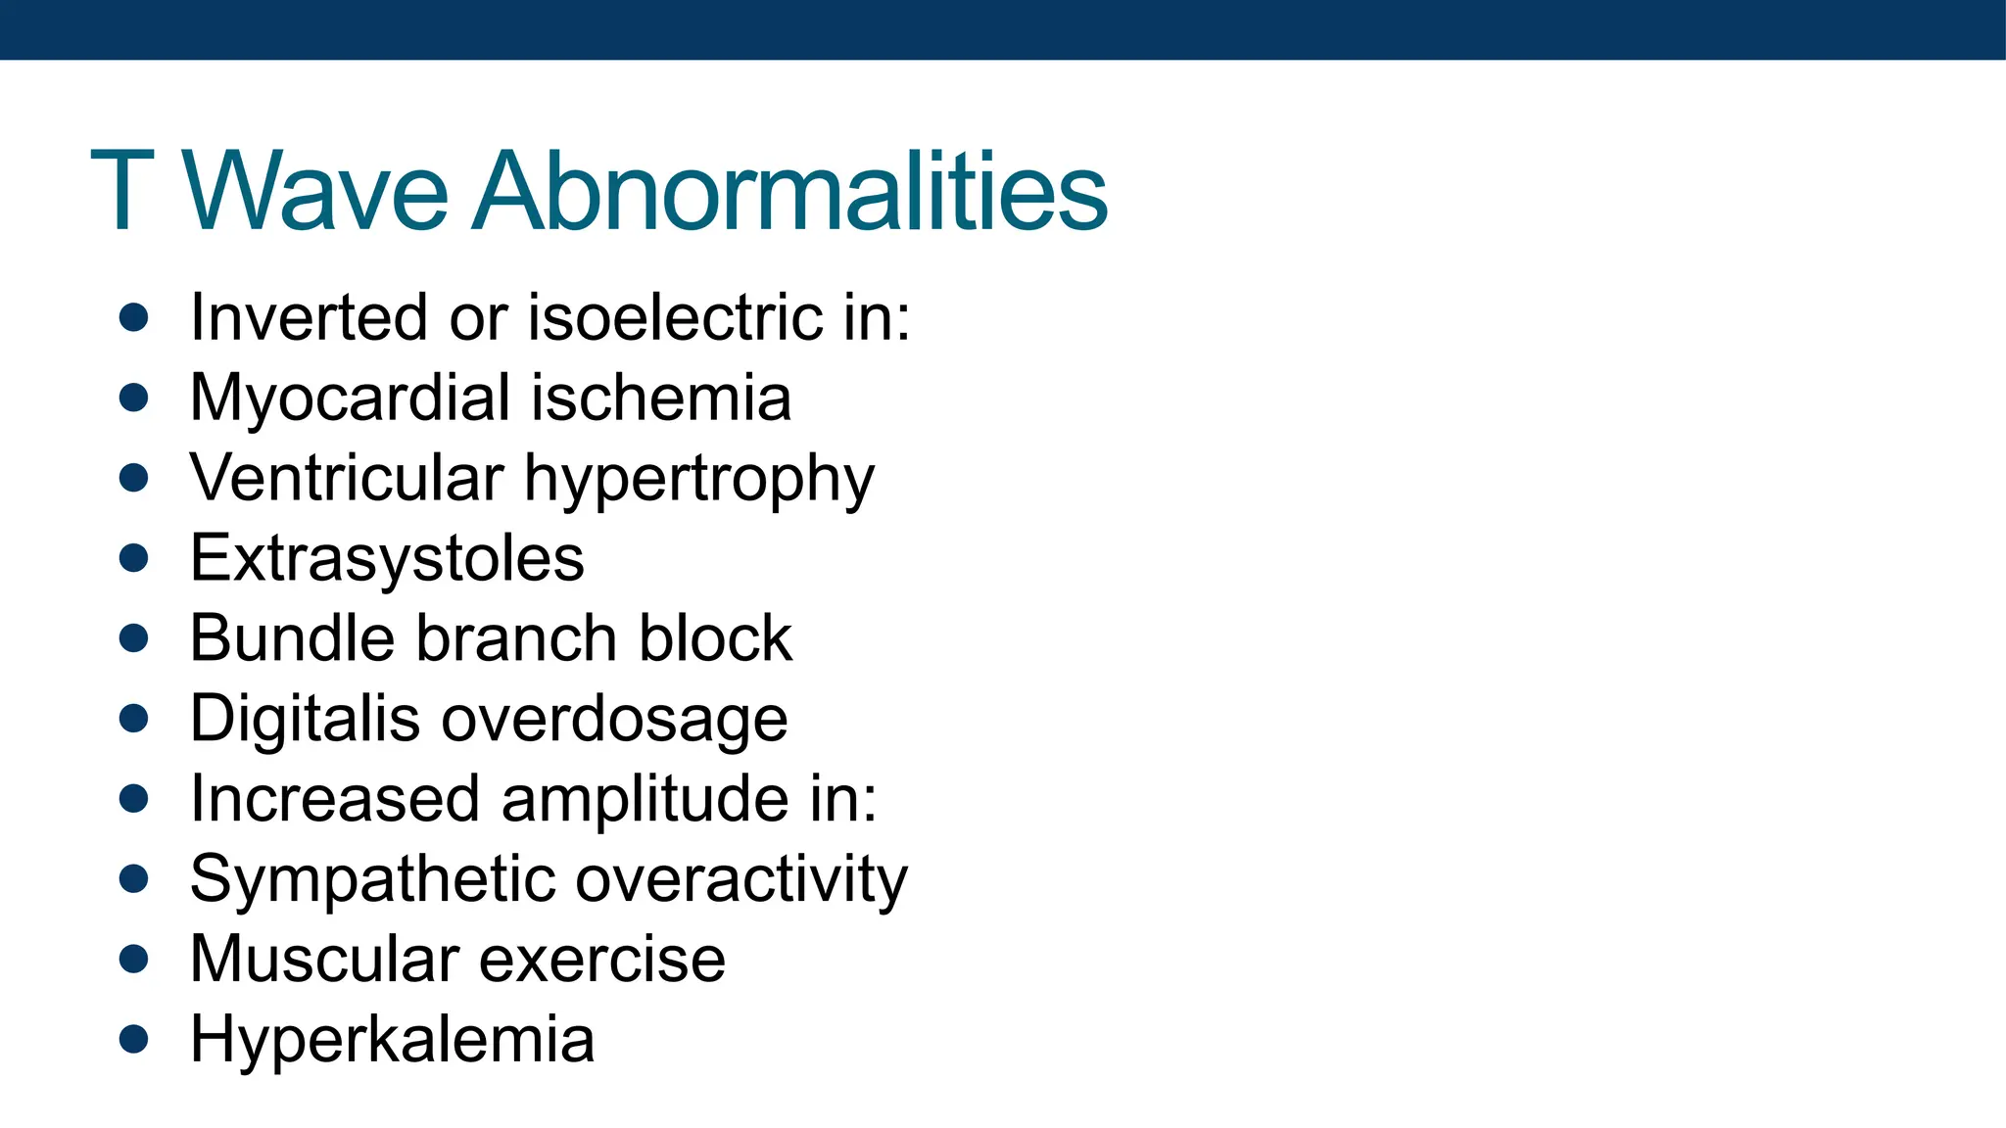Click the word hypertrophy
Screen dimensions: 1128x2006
pyautogui.click(x=699, y=480)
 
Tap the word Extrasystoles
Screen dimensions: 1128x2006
pyautogui.click(x=387, y=559)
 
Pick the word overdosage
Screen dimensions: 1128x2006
pyautogui.click(x=614, y=721)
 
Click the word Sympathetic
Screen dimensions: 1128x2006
pyautogui.click(x=371, y=879)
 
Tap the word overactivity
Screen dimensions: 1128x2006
pyautogui.click(x=741, y=879)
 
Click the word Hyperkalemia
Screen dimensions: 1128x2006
pyautogui.click(x=392, y=1039)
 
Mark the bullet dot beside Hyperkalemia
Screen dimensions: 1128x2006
pyautogui.click(x=133, y=1039)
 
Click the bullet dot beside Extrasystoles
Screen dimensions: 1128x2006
pyautogui.click(x=133, y=558)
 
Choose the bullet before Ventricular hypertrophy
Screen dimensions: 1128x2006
pyautogui.click(x=133, y=478)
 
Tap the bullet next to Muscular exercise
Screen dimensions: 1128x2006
pyautogui.click(x=133, y=959)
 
